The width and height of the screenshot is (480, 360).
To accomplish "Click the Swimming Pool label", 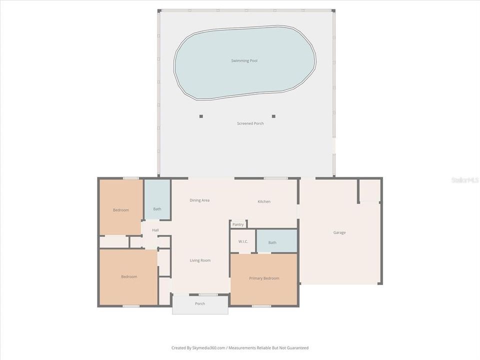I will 244,61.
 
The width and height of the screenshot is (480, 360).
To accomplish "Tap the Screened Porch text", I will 250,123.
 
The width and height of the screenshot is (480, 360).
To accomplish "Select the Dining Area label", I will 199,200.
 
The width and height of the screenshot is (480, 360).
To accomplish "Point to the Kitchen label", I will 264,201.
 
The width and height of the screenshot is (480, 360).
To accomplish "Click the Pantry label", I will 238,224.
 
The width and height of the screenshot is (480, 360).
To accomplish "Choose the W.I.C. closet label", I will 243,241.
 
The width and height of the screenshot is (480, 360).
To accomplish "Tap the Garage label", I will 339,232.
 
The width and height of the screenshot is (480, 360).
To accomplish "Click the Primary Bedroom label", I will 264,278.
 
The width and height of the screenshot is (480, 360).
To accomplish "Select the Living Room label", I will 200,260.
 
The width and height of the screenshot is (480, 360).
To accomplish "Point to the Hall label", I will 155,230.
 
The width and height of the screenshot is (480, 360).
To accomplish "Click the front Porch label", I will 200,303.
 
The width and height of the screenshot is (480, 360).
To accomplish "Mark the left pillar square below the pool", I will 201,116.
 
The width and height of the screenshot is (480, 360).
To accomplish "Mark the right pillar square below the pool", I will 273,116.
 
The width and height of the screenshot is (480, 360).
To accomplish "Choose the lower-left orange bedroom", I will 128,276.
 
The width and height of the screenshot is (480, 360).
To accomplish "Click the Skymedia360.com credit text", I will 239,348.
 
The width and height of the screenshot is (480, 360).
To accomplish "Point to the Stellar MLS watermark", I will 464,179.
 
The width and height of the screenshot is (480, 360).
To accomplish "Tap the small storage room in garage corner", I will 370,190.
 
